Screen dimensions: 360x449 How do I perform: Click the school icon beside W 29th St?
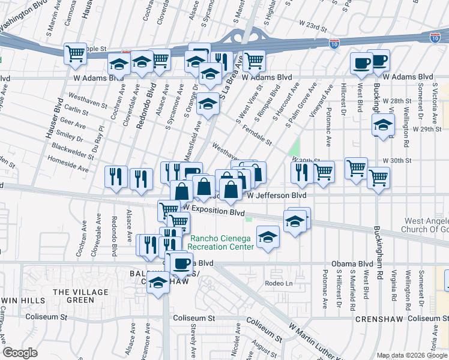[382, 126]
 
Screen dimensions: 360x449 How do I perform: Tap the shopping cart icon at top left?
[76, 54]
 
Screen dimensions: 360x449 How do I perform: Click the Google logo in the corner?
[20, 353]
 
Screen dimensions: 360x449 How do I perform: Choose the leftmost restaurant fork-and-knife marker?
[116, 176]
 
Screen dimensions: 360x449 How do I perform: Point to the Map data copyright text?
[412, 355]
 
